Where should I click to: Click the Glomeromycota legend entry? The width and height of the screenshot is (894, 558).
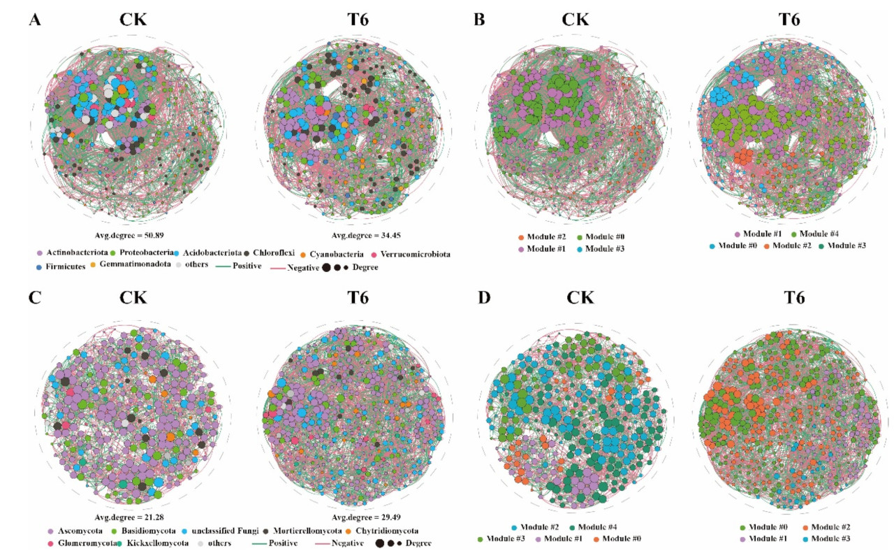[77, 543]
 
